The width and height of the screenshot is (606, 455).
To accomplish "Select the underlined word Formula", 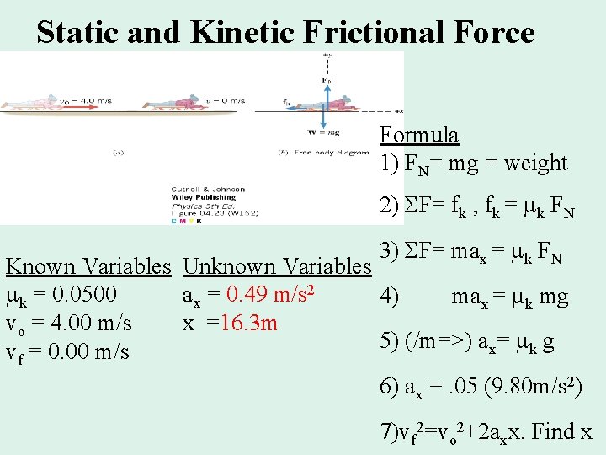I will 419,135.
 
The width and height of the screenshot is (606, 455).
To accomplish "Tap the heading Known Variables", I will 88,267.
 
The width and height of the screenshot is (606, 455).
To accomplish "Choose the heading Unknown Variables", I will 276,267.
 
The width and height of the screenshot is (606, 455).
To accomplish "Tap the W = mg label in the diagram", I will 324,131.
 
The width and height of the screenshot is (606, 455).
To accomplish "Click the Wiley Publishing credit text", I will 195,196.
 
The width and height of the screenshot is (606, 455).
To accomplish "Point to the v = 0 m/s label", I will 226,100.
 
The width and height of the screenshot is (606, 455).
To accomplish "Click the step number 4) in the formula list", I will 390,297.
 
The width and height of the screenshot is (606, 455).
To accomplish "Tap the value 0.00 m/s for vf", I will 84,351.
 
